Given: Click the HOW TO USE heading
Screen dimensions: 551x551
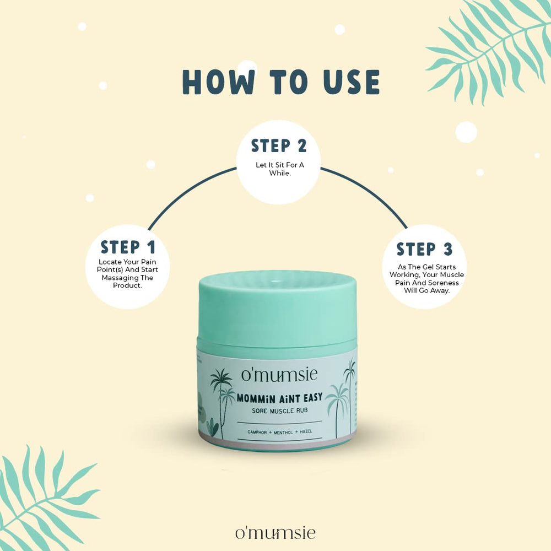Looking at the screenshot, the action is [281, 82].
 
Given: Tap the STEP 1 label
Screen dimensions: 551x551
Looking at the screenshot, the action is [128, 247].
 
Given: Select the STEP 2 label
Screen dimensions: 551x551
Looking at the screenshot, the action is [279, 146].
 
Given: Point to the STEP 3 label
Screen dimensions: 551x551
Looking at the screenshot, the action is [424, 249].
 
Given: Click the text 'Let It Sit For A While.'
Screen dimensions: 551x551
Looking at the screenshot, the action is [280, 169].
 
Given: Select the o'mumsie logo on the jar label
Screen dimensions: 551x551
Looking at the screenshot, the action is [279, 375].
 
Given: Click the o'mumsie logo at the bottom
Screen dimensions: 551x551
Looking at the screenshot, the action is [275, 533].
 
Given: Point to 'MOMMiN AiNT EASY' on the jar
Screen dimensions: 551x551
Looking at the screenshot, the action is [279, 398].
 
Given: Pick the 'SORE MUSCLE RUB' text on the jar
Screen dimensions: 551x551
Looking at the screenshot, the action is [280, 410].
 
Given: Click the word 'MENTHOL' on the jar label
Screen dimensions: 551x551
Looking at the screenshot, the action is [283, 432].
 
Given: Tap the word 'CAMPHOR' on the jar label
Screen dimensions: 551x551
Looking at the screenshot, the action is [257, 432].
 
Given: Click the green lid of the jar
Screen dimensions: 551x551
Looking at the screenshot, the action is [278, 309].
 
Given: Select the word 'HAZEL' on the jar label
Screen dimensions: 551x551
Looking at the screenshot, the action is [306, 431].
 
